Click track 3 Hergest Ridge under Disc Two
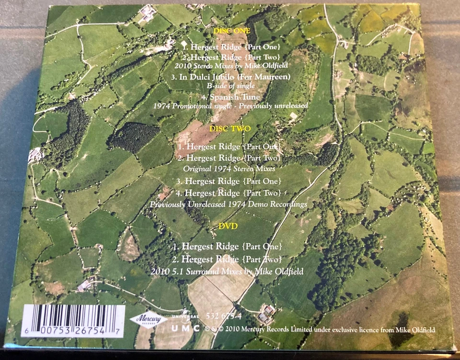(x=227, y=181)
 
